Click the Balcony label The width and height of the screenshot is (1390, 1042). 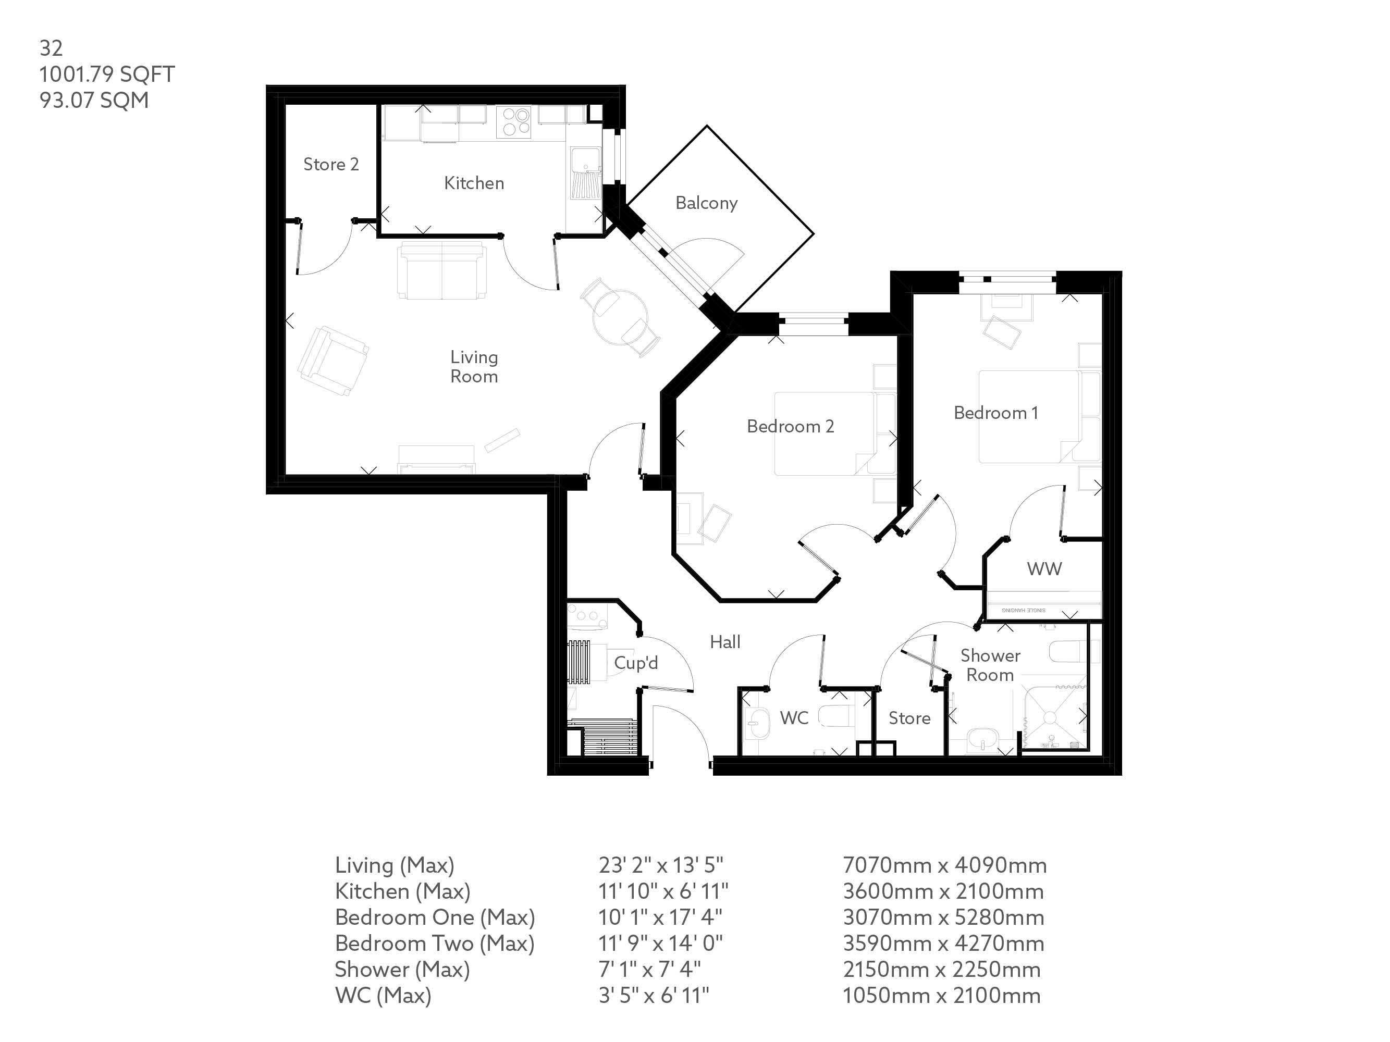tap(706, 203)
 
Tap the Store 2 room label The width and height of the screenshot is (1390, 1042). tap(331, 165)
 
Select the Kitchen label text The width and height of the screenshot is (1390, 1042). tap(474, 183)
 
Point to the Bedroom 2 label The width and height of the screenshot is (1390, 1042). tap(791, 427)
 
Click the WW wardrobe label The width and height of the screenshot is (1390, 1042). tap(1044, 569)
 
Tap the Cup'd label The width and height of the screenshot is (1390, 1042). tap(636, 663)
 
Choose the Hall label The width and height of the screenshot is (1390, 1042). tap(725, 642)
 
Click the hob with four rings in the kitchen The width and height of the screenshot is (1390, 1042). tap(513, 122)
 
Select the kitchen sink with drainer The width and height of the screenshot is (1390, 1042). tap(586, 173)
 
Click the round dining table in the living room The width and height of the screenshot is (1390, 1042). tap(620, 317)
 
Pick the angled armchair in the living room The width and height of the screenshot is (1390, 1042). tap(333, 361)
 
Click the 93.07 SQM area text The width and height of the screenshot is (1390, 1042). tap(94, 101)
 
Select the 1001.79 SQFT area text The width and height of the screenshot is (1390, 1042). tap(107, 74)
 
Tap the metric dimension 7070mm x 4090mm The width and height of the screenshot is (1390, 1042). tap(944, 865)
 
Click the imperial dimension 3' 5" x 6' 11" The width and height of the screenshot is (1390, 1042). tap(654, 996)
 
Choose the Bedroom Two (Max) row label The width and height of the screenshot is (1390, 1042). tap(435, 944)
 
